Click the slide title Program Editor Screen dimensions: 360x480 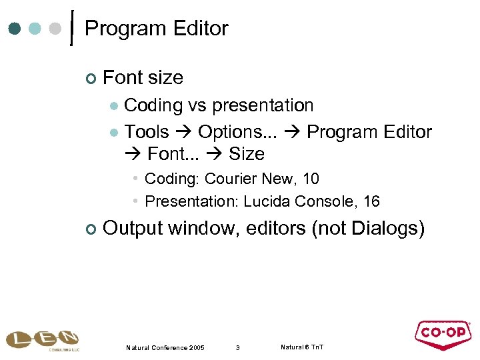pyautogui.click(x=157, y=29)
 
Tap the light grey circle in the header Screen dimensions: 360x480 pyautogui.click(x=56, y=29)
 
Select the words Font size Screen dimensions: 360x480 pyautogui.click(x=143, y=78)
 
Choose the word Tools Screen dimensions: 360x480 pyautogui.click(x=147, y=132)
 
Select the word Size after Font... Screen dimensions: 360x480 pyautogui.click(x=247, y=154)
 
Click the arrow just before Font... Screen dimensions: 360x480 pyautogui.click(x=133, y=154)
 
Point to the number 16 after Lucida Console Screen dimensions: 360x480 pyautogui.click(x=371, y=201)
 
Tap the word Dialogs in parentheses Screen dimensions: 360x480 pyautogui.click(x=383, y=228)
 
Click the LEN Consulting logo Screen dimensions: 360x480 pyautogui.click(x=42, y=341)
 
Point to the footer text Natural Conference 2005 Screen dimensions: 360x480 pyautogui.click(x=165, y=347)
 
